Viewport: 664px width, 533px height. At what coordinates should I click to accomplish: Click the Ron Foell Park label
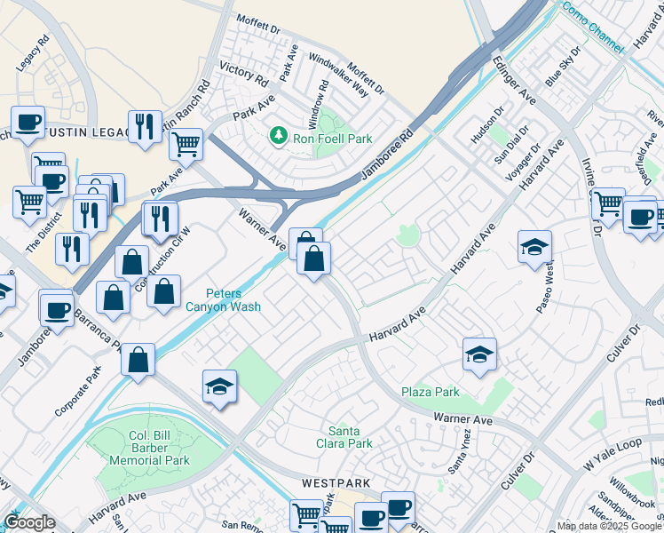(x=333, y=139)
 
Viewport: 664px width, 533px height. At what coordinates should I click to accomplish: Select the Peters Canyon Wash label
(x=233, y=300)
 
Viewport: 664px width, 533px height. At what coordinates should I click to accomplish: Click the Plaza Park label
(x=431, y=392)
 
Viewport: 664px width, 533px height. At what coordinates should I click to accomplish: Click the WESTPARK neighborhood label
(x=335, y=483)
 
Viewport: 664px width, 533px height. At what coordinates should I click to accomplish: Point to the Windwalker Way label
(x=338, y=75)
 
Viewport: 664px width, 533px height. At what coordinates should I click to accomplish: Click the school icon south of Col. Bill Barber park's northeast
(x=219, y=386)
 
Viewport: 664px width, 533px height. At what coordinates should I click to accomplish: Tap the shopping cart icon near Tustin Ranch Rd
(x=186, y=143)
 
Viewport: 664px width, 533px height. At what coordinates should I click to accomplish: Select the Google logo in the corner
(x=29, y=523)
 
